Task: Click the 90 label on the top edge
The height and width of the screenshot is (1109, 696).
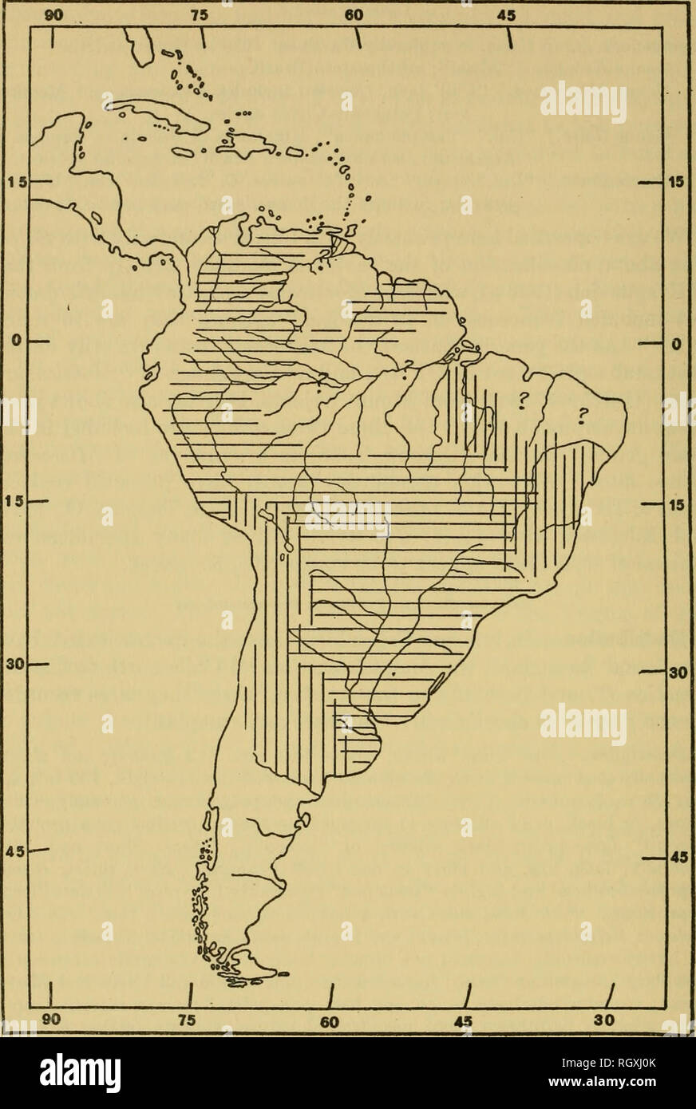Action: (53, 14)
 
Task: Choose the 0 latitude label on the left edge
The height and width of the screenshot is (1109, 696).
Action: (15, 341)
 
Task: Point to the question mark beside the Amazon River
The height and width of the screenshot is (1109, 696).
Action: (408, 365)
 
